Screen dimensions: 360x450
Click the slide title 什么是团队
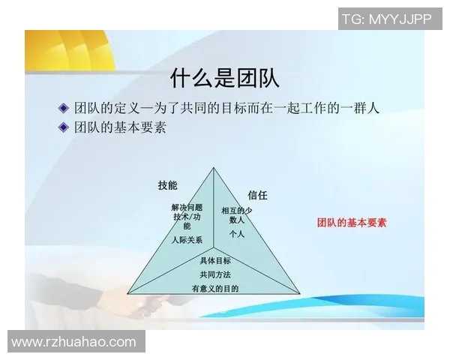point(225,77)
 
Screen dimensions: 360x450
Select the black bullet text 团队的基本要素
point(121,127)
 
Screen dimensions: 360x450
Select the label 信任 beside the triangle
point(257,195)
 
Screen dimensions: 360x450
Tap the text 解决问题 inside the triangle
point(187,207)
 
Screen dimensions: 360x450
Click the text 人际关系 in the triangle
point(186,240)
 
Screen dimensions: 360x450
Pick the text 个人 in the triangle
point(237,234)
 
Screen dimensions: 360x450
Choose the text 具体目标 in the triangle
point(215,261)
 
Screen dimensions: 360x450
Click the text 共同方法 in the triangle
point(215,274)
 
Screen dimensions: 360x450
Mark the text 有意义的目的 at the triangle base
point(215,288)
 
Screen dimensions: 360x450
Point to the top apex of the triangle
point(214,167)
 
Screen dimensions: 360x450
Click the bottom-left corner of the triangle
point(127,293)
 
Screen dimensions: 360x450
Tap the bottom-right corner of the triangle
point(300,293)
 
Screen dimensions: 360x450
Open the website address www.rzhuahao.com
point(74,342)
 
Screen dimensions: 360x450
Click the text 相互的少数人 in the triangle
point(237,215)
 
